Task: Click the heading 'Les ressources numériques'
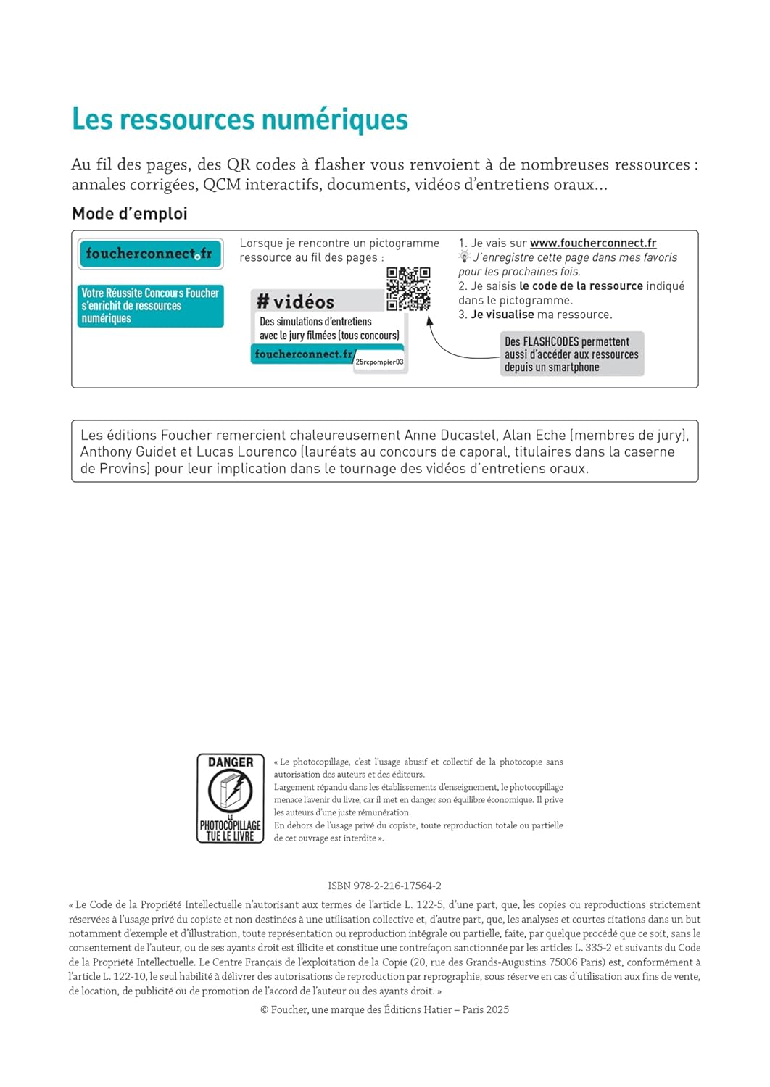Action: tap(240, 120)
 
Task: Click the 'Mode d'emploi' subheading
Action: tap(130, 214)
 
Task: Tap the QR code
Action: tap(408, 288)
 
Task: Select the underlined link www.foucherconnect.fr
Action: tap(593, 243)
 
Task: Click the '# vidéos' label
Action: tap(296, 302)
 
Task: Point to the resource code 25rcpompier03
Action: tap(379, 362)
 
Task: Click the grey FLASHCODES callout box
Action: tap(571, 354)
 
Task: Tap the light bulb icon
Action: tap(464, 257)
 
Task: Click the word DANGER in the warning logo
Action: tap(231, 762)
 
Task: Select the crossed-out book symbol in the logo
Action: tap(231, 791)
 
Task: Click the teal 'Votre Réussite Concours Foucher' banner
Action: tap(150, 306)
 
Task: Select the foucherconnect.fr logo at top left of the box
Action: tap(150, 254)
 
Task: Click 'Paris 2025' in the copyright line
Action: tap(486, 1009)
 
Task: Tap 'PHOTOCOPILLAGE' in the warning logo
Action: tap(231, 825)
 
